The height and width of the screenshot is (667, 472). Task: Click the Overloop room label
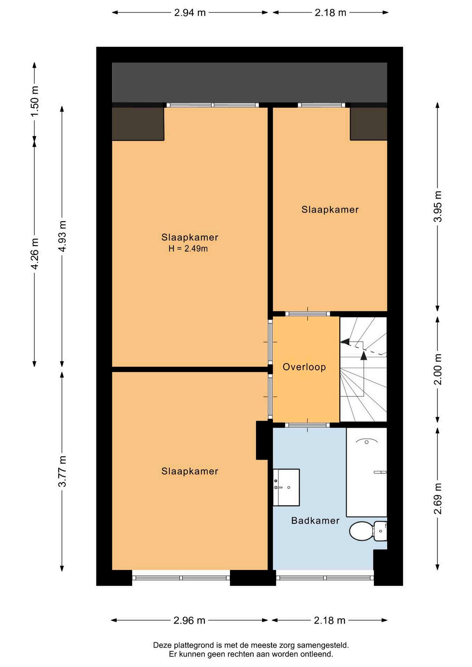[304, 367]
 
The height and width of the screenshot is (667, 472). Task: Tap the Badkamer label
[315, 520]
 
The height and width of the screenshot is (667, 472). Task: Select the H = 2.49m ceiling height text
[188, 248]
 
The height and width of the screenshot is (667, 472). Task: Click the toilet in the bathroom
[368, 531]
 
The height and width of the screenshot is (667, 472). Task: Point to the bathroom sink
[286, 487]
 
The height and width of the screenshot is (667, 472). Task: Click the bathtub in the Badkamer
[366, 472]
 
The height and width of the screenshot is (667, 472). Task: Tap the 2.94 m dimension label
[190, 13]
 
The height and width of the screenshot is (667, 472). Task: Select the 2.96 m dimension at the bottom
[189, 620]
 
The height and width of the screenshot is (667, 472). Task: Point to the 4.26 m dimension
[34, 254]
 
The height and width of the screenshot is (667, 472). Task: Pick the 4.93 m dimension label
[62, 236]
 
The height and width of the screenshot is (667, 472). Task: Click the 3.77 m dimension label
[62, 471]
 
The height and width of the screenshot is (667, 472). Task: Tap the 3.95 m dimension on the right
[438, 206]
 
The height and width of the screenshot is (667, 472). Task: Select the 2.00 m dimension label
[438, 369]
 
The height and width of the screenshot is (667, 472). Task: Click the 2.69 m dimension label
[438, 499]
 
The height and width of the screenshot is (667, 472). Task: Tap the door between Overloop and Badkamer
[307, 425]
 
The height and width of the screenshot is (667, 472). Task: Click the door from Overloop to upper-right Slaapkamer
[308, 314]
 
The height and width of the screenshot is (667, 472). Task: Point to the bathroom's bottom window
[325, 578]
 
